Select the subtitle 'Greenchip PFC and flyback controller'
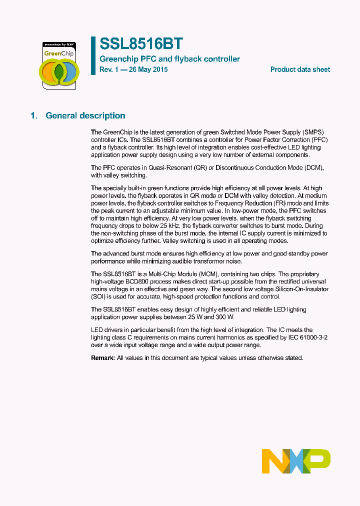(169, 59)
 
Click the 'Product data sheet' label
(300, 69)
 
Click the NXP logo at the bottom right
(296, 461)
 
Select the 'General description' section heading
(85, 115)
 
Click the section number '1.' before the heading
(34, 115)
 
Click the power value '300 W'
(223, 317)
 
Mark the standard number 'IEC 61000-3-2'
(305, 337)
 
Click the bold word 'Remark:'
(103, 358)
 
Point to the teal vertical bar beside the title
(93, 55)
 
